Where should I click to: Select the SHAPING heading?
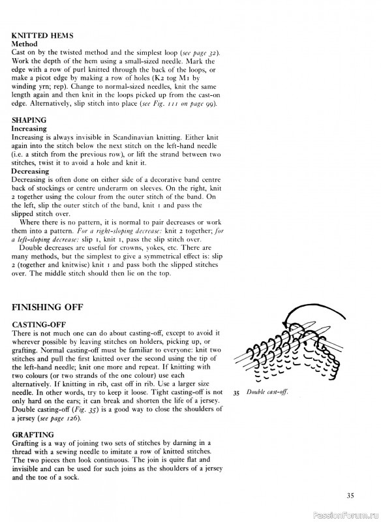29,120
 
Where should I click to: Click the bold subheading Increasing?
29,129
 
